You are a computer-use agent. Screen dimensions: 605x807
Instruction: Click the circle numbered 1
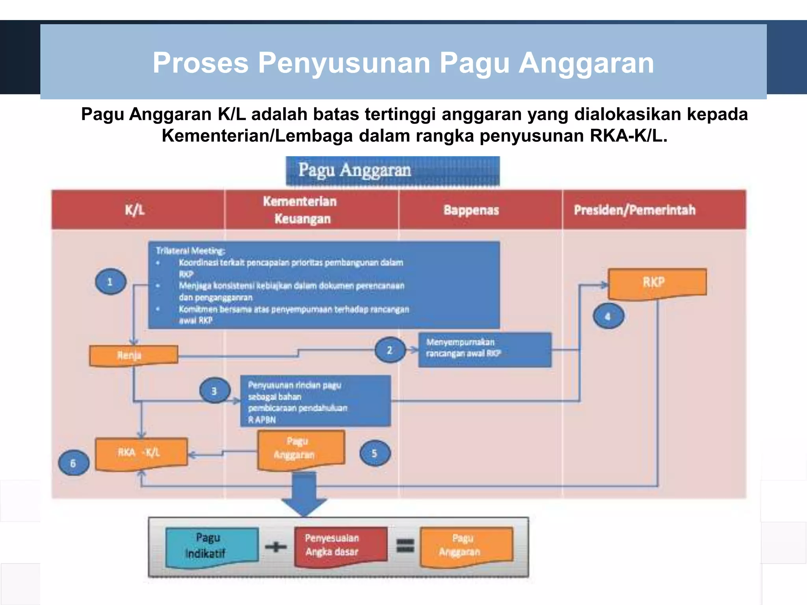click(x=111, y=282)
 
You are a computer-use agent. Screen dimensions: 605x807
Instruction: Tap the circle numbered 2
click(x=390, y=350)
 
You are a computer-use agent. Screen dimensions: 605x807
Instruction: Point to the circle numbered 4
click(x=608, y=316)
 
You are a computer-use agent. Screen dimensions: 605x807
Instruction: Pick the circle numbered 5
click(x=375, y=453)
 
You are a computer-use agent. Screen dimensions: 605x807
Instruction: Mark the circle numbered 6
click(x=73, y=463)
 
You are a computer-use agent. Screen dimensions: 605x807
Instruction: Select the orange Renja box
click(x=133, y=355)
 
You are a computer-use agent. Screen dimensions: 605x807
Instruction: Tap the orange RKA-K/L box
click(x=141, y=453)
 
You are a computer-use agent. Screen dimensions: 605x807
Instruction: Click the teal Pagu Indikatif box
click(x=212, y=547)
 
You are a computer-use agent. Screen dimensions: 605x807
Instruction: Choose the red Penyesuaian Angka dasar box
click(x=340, y=546)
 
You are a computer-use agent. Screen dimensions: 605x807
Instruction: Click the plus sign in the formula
click(x=276, y=547)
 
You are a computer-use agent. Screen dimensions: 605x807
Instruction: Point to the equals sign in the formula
click(x=405, y=546)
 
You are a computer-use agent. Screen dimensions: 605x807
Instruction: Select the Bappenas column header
click(x=471, y=210)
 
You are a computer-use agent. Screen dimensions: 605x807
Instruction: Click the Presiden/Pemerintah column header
click(x=634, y=210)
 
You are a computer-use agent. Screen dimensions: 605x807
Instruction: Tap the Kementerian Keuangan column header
click(x=301, y=210)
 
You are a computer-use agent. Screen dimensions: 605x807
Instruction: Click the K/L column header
click(x=135, y=210)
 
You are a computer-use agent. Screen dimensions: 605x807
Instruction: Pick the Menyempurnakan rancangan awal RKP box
click(x=484, y=349)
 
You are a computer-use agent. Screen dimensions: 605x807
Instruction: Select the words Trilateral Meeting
click(x=190, y=251)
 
